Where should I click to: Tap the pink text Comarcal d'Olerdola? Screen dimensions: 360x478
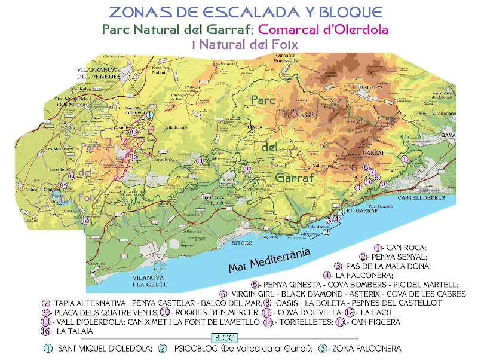point(321,29)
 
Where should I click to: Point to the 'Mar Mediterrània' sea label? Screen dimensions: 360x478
point(271,261)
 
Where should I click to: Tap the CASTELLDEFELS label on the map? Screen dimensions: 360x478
point(421,196)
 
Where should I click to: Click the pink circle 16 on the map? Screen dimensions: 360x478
point(85,221)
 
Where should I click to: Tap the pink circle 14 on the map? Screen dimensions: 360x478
point(72,176)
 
